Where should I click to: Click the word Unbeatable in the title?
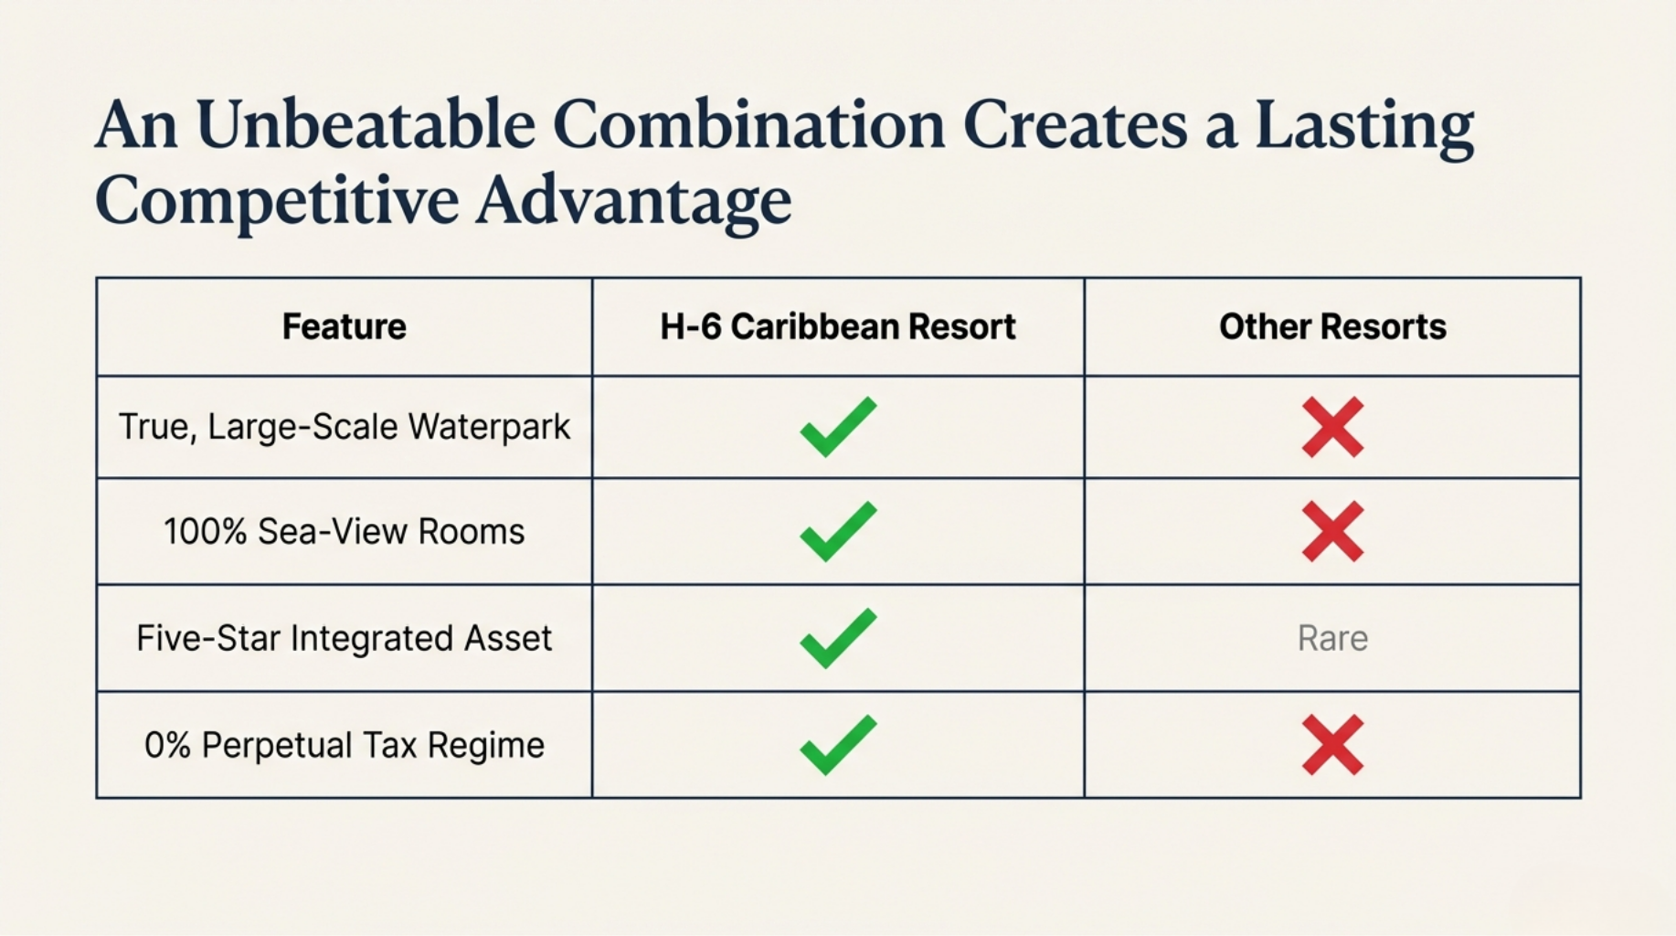point(366,124)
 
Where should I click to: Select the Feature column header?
point(344,326)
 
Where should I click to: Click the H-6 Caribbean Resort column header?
point(838,326)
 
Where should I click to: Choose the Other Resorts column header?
point(1332,326)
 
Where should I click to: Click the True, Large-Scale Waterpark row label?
point(344,427)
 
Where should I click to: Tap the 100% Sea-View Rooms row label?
point(344,531)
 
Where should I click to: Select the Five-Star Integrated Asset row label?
point(344,638)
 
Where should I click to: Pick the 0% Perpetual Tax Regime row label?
point(344,745)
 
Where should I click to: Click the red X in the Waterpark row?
point(1332,427)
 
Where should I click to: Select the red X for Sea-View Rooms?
point(1332,531)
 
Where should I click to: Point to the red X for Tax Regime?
point(1332,745)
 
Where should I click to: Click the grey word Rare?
point(1332,638)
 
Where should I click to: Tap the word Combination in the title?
point(748,124)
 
